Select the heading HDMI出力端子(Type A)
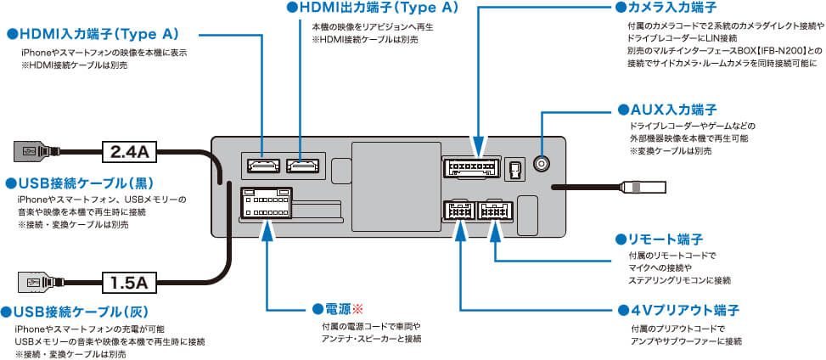click(x=379, y=8)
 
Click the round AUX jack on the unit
click(x=540, y=166)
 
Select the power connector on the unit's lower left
click(x=267, y=202)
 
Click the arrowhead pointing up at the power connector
click(x=267, y=227)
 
